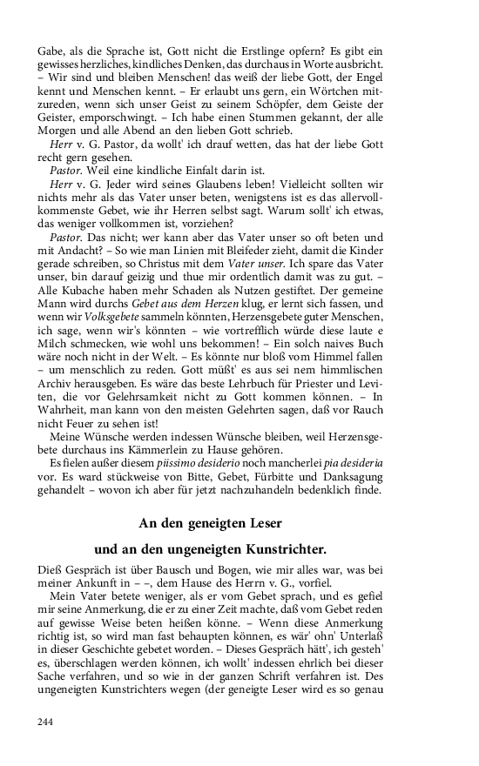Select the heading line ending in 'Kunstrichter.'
210,550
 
